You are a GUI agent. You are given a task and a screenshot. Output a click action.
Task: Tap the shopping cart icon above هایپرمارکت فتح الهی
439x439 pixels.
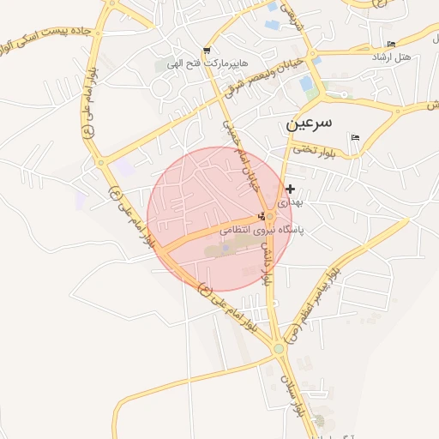tap(206, 51)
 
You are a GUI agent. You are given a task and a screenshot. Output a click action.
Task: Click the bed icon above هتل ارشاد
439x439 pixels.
tap(392, 44)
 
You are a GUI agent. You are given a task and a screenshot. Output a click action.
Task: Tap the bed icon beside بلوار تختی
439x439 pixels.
tap(355, 137)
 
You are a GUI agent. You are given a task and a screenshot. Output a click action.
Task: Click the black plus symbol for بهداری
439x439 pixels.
tap(290, 189)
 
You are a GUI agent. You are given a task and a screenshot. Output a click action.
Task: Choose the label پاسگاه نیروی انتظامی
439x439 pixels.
tap(263, 230)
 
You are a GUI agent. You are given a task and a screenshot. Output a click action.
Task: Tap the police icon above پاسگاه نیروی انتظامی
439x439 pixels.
tap(262, 215)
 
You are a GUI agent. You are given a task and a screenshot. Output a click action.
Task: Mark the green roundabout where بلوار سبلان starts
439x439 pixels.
tap(278, 349)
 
